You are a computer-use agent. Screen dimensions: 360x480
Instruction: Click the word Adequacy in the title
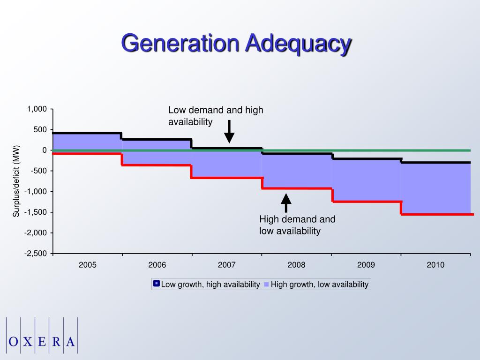click(x=298, y=45)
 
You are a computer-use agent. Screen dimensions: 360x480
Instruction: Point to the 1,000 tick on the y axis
click(x=37, y=109)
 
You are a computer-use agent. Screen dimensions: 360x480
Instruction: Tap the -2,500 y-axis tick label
click(x=37, y=254)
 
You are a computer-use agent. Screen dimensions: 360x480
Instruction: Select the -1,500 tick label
click(x=37, y=212)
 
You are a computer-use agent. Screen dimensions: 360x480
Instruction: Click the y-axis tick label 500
click(x=40, y=130)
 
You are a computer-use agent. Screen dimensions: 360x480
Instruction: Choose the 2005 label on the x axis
click(x=88, y=265)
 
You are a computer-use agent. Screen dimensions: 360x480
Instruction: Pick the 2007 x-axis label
click(x=227, y=265)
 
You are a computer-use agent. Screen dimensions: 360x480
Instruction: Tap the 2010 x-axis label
click(x=435, y=265)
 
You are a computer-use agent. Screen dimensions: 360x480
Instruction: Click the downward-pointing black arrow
click(x=229, y=132)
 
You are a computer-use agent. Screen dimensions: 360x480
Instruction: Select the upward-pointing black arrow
click(x=286, y=203)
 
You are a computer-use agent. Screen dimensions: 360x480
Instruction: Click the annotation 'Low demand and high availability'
click(x=216, y=116)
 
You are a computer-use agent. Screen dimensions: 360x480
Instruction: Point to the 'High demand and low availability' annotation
click(x=297, y=225)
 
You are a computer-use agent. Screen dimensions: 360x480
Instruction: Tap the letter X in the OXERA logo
click(x=28, y=341)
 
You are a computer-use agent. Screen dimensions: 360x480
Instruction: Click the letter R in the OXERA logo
click(x=56, y=341)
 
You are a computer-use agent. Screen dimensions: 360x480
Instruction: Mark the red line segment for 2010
click(x=436, y=214)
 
